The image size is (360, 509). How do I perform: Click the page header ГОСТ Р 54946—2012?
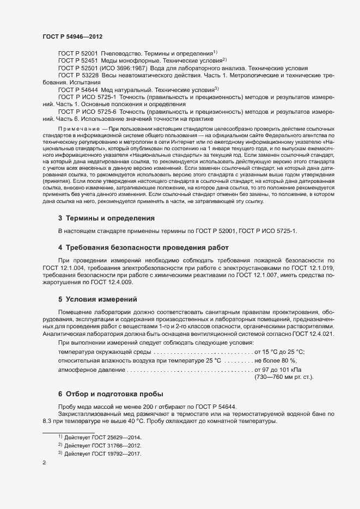point(72,36)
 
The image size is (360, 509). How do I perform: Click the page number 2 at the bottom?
point(44,463)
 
